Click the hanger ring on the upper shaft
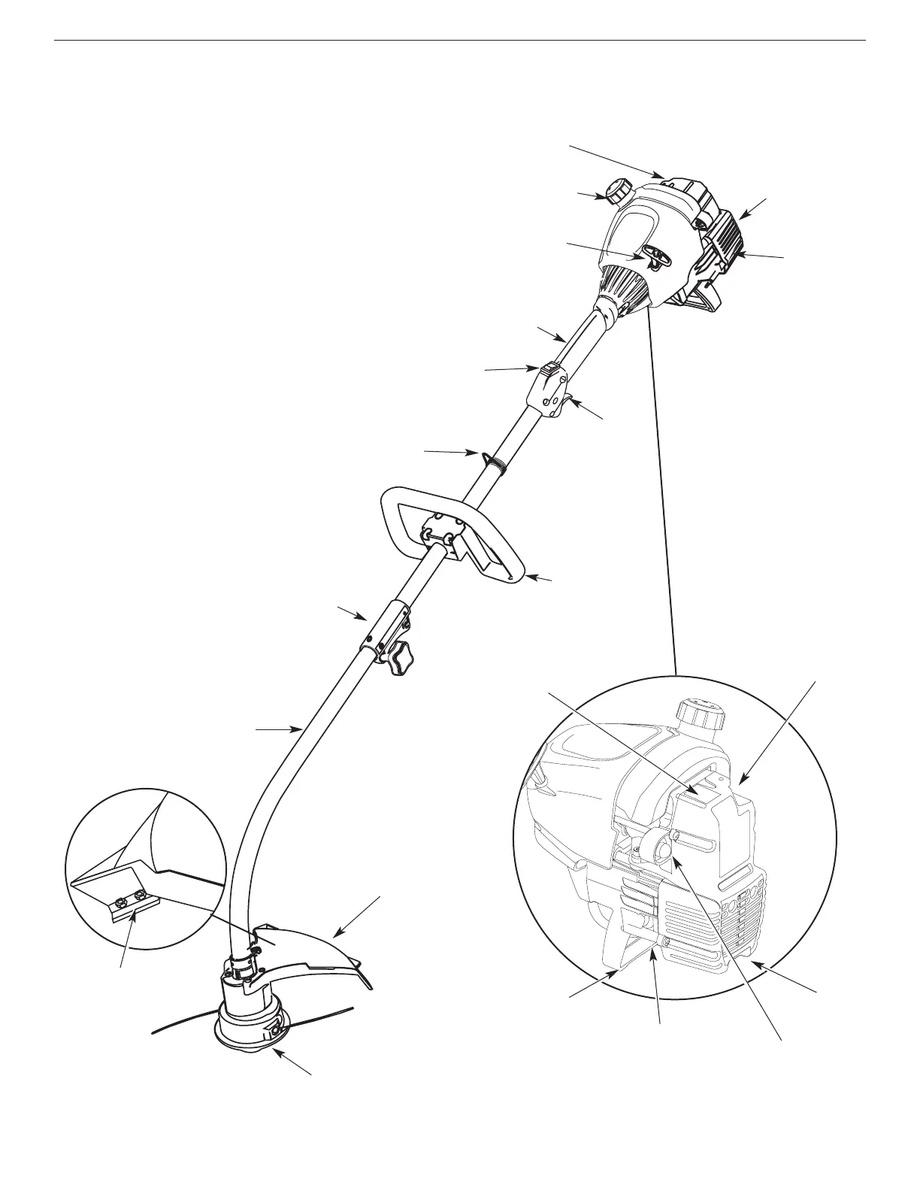pos(492,459)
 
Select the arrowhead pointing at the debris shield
pos(336,935)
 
